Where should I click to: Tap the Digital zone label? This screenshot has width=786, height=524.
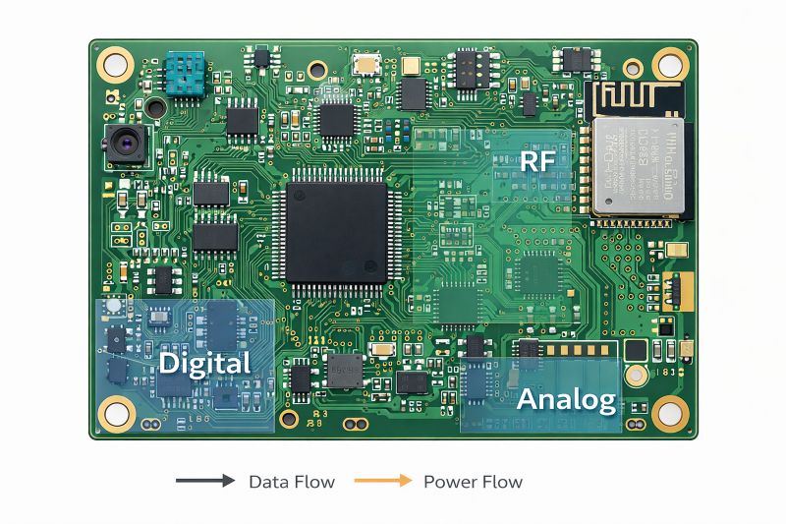(204, 364)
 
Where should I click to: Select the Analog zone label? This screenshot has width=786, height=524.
(566, 399)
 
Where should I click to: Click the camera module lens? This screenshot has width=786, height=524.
(127, 146)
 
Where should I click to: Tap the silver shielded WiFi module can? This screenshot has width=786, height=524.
(637, 165)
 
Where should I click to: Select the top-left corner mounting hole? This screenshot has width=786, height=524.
(115, 66)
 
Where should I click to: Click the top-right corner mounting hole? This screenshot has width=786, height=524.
(671, 65)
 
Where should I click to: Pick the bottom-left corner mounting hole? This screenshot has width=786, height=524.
(117, 413)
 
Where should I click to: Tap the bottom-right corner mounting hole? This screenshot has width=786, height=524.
(672, 413)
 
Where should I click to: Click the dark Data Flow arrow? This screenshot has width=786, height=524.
(205, 482)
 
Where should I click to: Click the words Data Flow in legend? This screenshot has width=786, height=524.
(291, 482)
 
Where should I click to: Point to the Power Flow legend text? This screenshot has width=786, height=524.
(473, 482)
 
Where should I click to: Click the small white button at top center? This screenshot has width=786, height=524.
(367, 65)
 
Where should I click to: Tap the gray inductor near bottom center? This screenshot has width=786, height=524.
(344, 371)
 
